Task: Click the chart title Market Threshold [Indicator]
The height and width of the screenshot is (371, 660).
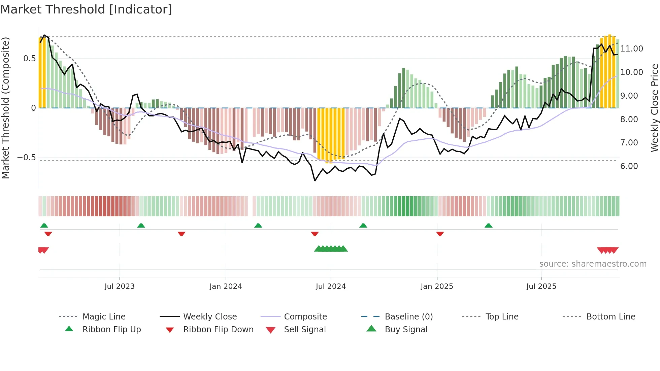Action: tap(86, 9)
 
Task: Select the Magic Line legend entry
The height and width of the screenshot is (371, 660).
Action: tap(104, 317)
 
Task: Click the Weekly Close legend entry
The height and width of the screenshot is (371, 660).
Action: tap(210, 317)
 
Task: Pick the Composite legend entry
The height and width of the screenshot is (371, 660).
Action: tap(305, 317)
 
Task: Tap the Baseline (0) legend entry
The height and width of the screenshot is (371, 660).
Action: tap(408, 317)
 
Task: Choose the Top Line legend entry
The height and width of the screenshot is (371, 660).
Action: tap(502, 317)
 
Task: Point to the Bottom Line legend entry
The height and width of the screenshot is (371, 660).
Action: tap(610, 317)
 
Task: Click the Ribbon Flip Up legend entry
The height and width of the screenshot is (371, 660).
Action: tap(111, 330)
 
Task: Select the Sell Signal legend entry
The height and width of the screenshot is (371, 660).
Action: tap(304, 330)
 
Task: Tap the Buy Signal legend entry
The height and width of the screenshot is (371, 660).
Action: tap(406, 330)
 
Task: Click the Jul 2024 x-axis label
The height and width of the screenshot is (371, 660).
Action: tap(331, 286)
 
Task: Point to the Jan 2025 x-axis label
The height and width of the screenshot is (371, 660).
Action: tap(437, 286)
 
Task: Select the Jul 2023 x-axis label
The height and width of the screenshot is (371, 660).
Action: tap(120, 286)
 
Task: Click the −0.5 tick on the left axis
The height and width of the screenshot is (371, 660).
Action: tap(27, 158)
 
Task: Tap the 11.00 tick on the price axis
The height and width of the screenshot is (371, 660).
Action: tap(632, 49)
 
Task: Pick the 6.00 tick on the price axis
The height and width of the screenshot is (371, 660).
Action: tap(629, 166)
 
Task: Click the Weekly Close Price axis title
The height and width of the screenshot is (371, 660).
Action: tap(654, 108)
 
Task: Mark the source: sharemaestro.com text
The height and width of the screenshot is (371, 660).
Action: tap(593, 264)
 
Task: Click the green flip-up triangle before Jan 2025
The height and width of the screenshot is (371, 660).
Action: tap(363, 226)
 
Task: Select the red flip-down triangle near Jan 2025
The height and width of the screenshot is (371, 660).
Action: tap(440, 234)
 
